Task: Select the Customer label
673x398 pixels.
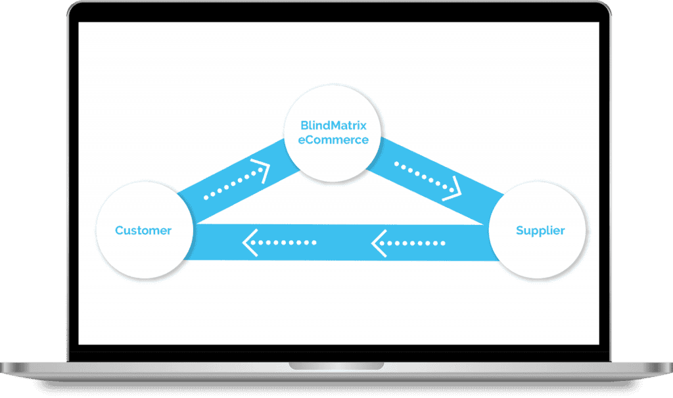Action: tap(143, 230)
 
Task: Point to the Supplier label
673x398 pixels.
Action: tap(540, 230)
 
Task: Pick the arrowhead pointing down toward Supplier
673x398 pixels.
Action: tap(453, 189)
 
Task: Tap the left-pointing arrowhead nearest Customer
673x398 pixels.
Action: tap(249, 243)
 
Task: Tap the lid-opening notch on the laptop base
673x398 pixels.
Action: tap(336, 364)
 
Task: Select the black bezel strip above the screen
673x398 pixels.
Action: tap(336, 15)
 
